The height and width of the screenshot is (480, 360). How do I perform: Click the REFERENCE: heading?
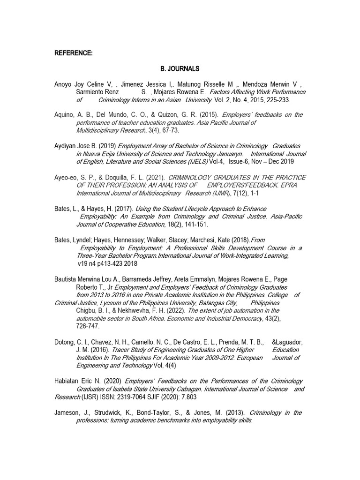click(x=73, y=53)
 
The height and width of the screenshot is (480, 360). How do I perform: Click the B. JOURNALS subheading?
click(x=180, y=68)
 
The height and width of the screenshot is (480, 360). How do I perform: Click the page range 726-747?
click(x=88, y=326)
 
